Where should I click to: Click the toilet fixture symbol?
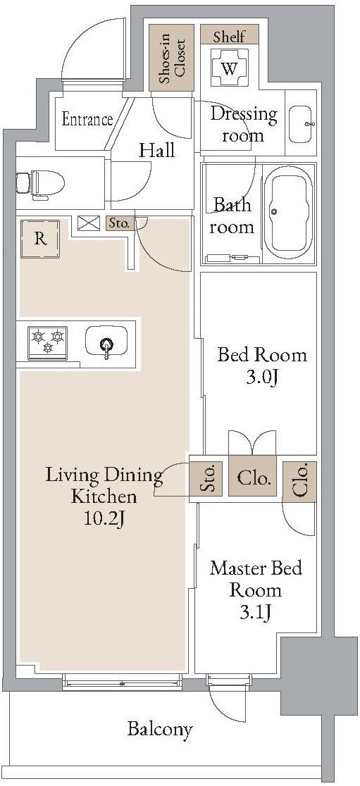click(x=40, y=183)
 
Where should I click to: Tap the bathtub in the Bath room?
click(x=288, y=213)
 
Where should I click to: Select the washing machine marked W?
click(x=229, y=69)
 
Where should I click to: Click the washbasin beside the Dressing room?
click(x=302, y=123)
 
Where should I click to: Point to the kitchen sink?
click(x=106, y=343)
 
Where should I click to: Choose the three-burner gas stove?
click(x=48, y=343)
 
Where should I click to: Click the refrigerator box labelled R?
click(x=40, y=239)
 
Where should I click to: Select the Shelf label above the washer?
click(x=229, y=36)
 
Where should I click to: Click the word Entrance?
click(x=87, y=120)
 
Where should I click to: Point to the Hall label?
click(x=157, y=150)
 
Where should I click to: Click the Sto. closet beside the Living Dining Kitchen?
click(x=206, y=478)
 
